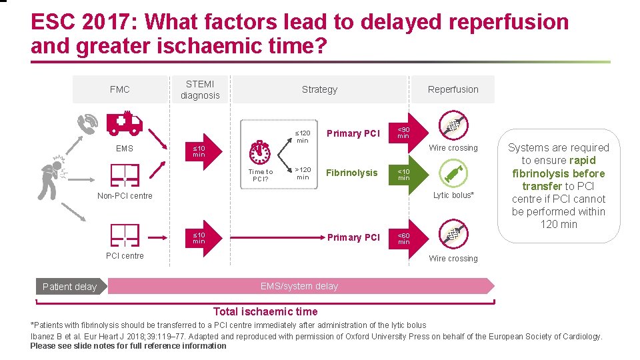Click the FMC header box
point(120,89)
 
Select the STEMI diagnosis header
point(200,89)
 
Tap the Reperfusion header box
point(453,89)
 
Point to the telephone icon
point(88,123)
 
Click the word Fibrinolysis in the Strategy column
point(351,173)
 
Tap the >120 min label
point(303,173)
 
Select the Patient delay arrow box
point(69,287)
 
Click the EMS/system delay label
point(299,286)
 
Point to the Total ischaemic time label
point(265,311)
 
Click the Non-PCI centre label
point(125,196)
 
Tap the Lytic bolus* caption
point(453,195)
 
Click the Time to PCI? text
point(261,175)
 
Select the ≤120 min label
point(303,137)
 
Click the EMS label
point(125,149)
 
